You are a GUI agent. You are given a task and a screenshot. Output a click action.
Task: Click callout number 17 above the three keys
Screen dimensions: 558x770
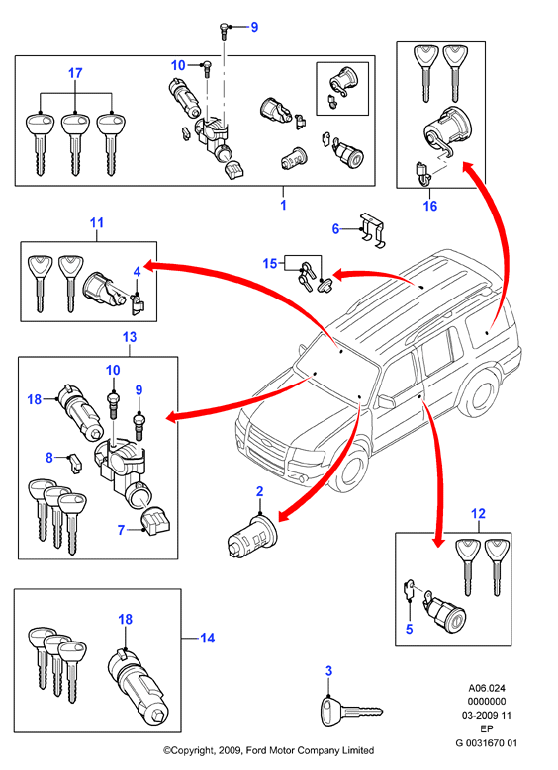[75, 73]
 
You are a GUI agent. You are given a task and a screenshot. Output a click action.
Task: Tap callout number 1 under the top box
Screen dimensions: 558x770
[283, 205]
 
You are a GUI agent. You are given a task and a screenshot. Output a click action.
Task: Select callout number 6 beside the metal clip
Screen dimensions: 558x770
[335, 229]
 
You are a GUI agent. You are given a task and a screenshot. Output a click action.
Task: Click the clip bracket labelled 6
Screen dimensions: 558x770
[373, 230]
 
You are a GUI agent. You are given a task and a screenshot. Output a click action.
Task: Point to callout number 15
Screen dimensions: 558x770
[270, 264]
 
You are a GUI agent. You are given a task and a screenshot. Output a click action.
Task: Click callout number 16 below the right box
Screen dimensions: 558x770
[430, 206]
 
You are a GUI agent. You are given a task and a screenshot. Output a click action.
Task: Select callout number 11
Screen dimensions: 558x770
[97, 223]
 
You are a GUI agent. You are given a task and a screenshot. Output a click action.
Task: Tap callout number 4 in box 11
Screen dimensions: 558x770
[138, 272]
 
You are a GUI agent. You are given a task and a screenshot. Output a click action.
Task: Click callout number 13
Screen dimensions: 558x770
[130, 337]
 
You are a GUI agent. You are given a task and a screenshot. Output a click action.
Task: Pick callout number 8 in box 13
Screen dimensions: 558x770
[49, 458]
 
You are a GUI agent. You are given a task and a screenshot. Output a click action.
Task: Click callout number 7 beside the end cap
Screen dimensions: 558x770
[121, 530]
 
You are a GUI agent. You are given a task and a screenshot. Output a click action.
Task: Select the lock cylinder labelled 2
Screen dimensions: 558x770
[253, 536]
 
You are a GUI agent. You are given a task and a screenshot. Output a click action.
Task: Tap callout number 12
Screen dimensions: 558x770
[478, 514]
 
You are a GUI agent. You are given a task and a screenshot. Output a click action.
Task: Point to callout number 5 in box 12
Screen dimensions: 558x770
[409, 629]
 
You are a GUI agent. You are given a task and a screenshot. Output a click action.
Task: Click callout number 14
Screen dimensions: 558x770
[207, 638]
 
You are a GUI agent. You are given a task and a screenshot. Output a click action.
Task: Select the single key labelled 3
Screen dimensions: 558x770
[351, 710]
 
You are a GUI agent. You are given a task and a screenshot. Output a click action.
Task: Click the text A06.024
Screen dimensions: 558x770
[486, 688]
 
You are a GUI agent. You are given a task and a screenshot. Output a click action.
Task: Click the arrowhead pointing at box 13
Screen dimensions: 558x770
[172, 417]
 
